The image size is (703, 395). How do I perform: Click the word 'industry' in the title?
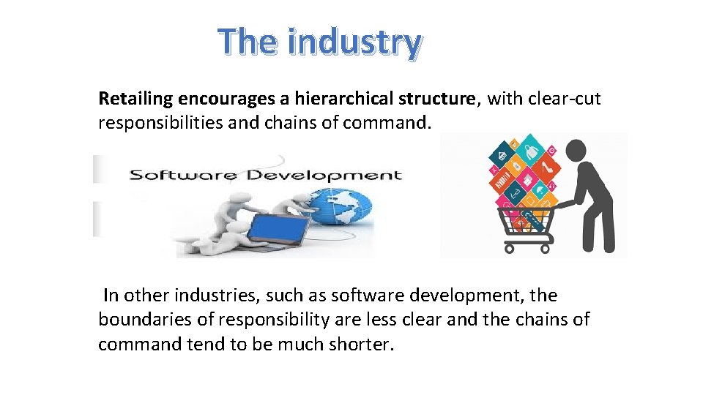[354, 42]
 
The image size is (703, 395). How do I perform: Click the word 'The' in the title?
[248, 42]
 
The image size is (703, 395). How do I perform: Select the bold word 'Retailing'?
[135, 98]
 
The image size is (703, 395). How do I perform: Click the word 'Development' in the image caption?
[324, 175]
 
